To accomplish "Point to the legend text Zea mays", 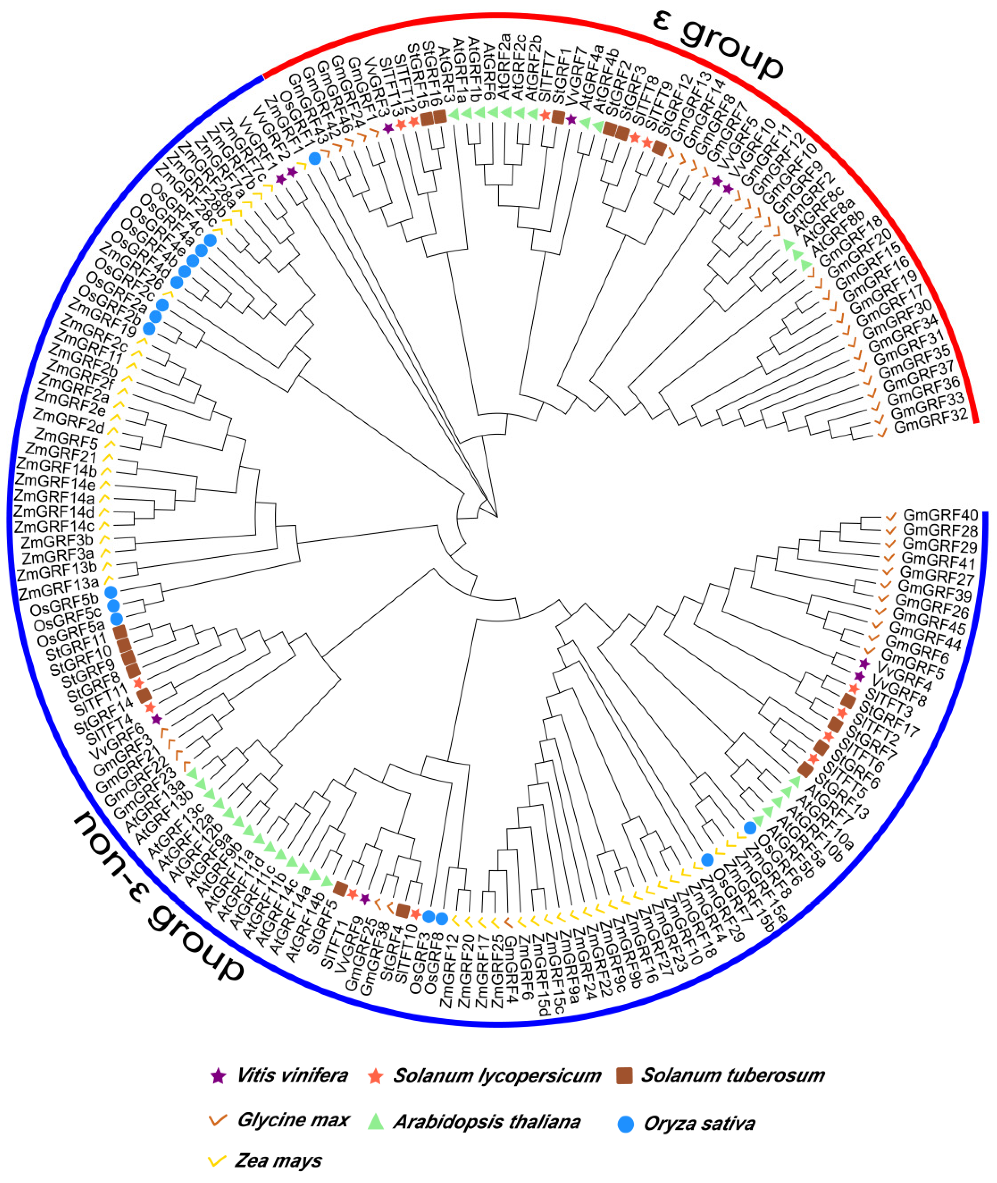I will (278, 1161).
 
